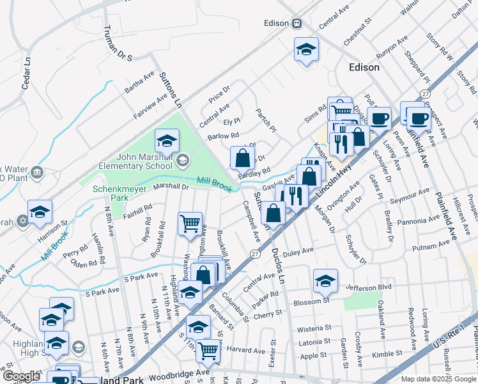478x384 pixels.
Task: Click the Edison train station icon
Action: [297, 24]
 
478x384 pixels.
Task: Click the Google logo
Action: [22, 376]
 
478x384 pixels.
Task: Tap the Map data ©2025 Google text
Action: [438, 378]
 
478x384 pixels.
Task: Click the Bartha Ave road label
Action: [140, 83]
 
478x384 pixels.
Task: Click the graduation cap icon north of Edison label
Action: [306, 49]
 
